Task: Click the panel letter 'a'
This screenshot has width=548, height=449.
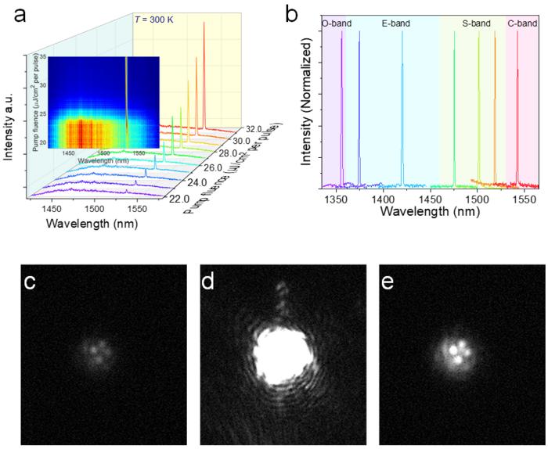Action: [x=13, y=13]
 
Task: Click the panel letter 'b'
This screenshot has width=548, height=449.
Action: [x=292, y=13]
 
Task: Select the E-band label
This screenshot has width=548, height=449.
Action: [x=396, y=23]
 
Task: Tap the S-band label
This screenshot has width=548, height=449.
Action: [x=476, y=23]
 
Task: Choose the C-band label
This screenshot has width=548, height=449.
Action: [x=521, y=23]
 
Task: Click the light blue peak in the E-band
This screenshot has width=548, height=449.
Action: [x=402, y=110]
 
